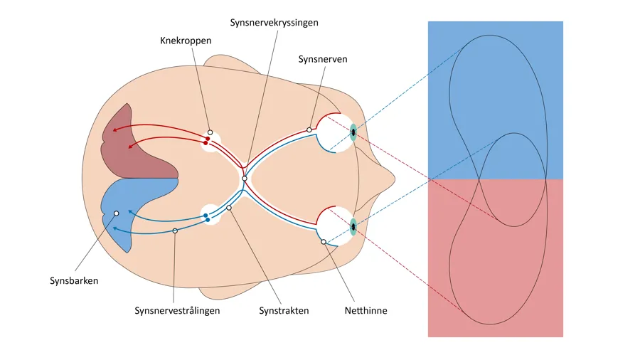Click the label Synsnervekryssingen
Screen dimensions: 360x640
(274, 22)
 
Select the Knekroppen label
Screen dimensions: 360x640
(186, 41)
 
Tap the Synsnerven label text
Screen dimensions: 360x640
(323, 59)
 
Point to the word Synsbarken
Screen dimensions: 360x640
(74, 280)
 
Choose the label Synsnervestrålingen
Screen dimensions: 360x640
(177, 311)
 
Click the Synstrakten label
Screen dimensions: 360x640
(284, 311)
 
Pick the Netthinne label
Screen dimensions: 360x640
(366, 311)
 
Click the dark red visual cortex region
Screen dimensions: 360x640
(139, 146)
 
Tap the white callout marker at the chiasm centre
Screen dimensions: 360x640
(244, 178)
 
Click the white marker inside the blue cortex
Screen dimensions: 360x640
(116, 213)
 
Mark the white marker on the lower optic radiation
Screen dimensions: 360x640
(175, 231)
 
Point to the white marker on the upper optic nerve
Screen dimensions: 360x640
(309, 129)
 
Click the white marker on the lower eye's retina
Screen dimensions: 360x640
(324, 242)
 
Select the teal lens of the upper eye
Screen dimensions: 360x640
(353, 132)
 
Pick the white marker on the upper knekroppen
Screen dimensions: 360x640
(210, 132)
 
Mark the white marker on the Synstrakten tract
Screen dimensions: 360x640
(229, 208)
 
